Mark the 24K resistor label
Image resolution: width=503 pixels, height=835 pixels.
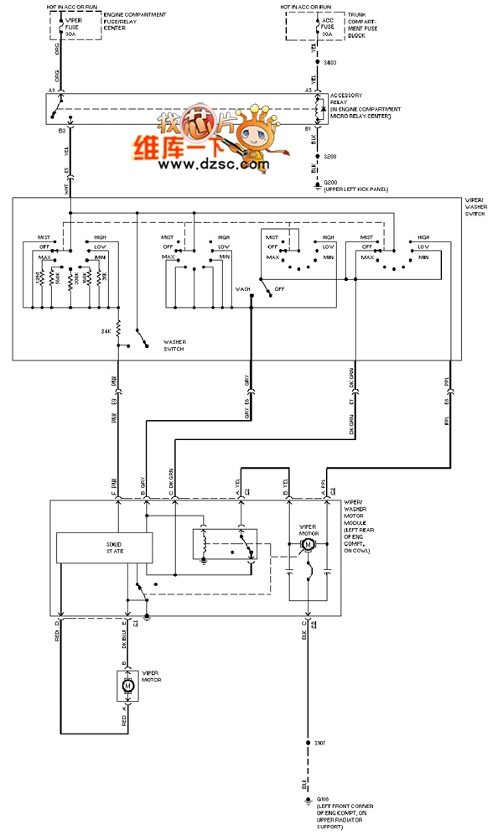(106, 332)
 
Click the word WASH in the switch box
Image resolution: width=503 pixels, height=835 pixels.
(242, 288)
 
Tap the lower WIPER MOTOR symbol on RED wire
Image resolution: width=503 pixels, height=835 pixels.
(128, 686)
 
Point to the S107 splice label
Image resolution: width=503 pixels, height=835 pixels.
(319, 743)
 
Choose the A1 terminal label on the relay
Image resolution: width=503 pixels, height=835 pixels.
(51, 89)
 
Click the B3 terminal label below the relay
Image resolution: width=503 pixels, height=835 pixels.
(61, 131)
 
